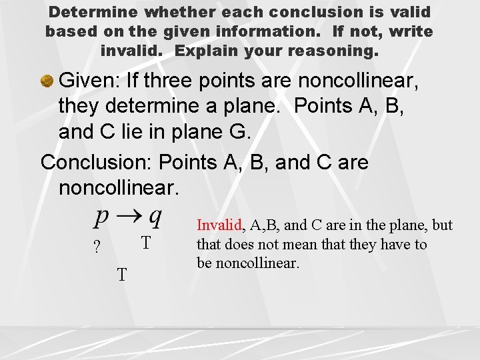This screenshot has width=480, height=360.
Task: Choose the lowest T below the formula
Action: (122, 274)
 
